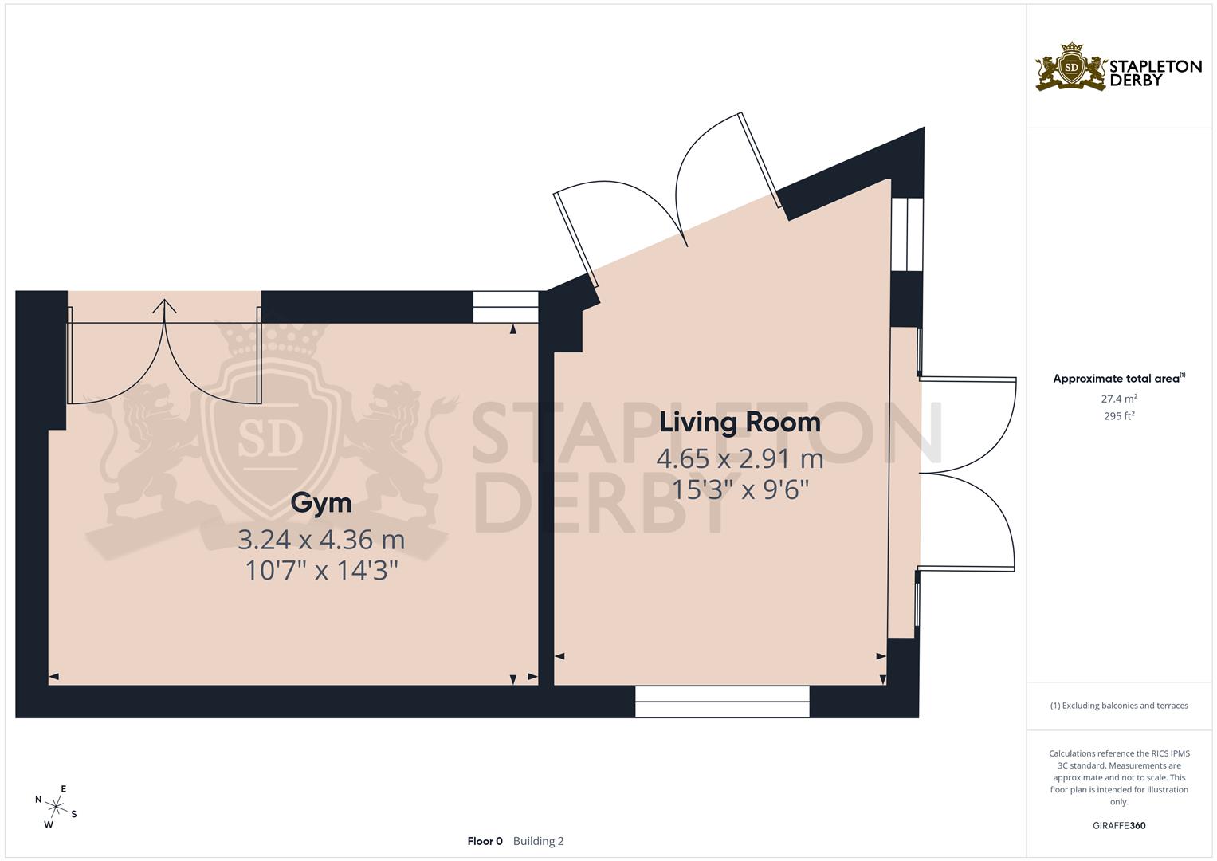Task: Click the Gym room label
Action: click(321, 503)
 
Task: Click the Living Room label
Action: click(740, 422)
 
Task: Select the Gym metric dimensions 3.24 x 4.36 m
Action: click(321, 540)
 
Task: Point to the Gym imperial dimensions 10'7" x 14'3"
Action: click(321, 571)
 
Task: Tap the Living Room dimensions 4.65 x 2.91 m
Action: click(740, 458)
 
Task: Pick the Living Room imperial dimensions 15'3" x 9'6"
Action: click(740, 489)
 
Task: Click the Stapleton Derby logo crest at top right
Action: click(1071, 68)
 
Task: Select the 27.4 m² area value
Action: click(1119, 398)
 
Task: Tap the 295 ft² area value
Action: click(1119, 415)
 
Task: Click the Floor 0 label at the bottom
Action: click(485, 841)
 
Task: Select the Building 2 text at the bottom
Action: click(538, 841)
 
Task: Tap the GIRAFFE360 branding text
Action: click(1119, 825)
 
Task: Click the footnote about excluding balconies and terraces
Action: click(1119, 706)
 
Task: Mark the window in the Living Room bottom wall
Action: click(722, 702)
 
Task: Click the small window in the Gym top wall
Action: click(505, 307)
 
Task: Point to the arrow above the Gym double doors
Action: click(165, 307)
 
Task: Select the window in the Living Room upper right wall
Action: click(907, 234)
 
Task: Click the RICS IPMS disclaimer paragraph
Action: click(1119, 777)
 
